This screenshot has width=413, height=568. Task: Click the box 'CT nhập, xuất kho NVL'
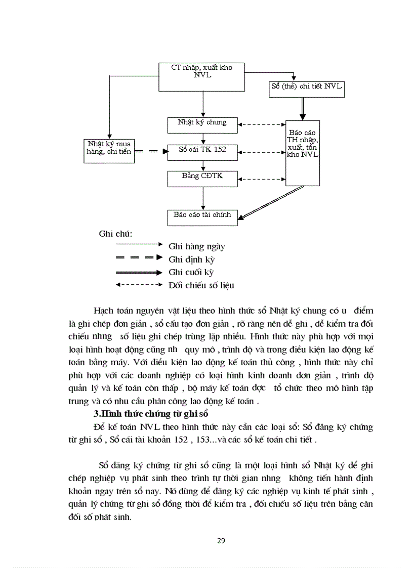pyautogui.click(x=202, y=76)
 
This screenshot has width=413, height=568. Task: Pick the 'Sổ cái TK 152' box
pyautogui.click(x=202, y=151)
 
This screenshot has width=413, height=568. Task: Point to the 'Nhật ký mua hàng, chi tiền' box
pyautogui.click(x=109, y=151)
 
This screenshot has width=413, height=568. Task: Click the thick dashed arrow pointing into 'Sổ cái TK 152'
pyautogui.click(x=152, y=151)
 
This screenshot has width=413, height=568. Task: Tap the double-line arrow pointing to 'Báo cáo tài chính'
pyautogui.click(x=272, y=202)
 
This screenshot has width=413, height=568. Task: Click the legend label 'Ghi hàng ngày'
pyautogui.click(x=197, y=247)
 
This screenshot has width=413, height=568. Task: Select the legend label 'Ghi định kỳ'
pyautogui.click(x=192, y=259)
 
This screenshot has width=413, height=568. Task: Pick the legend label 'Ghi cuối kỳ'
pyautogui.click(x=191, y=272)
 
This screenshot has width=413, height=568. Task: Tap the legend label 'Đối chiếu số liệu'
pyautogui.click(x=201, y=285)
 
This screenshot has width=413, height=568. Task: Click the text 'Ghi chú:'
pyautogui.click(x=115, y=234)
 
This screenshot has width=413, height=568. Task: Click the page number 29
pyautogui.click(x=221, y=541)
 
